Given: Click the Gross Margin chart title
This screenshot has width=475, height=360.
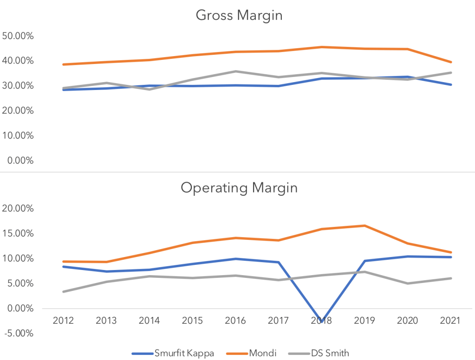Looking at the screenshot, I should (239, 15).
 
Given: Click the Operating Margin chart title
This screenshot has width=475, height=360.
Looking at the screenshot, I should (239, 188).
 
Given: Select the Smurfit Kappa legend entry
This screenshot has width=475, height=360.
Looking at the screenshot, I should (173, 353).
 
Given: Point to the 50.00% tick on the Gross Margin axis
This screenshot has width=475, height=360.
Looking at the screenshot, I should (20, 36).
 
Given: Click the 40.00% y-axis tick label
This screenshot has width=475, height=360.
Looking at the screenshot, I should (20, 61).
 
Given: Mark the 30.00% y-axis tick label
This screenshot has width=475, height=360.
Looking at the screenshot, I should (20, 86).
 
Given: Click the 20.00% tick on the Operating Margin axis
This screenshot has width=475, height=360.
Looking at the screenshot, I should (20, 209).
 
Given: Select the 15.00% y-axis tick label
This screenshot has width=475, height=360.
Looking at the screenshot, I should (20, 233).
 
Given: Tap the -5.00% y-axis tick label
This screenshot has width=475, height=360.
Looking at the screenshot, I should (20, 333).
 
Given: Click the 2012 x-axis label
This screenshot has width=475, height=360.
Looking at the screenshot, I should (63, 320).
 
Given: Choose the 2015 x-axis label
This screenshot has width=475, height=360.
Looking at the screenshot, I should (192, 320).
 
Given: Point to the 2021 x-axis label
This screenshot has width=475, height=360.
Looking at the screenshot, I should (450, 320).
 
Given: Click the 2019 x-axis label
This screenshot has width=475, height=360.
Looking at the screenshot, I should (364, 320).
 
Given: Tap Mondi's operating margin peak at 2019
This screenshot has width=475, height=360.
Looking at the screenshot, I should (364, 226).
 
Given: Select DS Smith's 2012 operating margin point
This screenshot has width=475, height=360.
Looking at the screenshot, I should (63, 292).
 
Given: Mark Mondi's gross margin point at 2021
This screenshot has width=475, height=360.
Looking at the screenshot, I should (450, 62).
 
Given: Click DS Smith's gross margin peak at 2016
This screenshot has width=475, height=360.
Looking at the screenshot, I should (235, 71).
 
